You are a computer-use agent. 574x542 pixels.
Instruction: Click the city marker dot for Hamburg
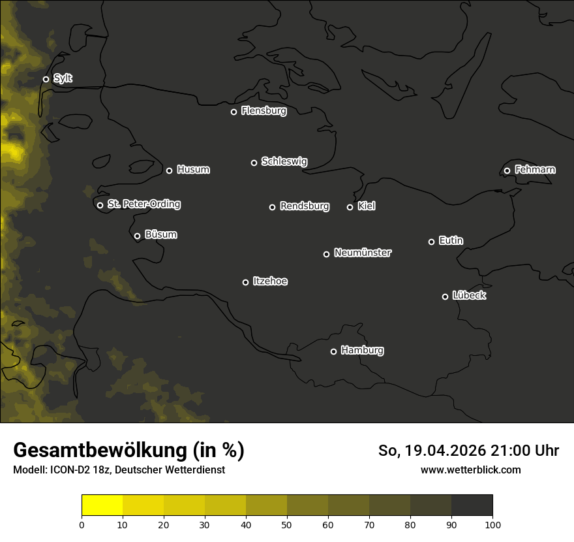click(333, 351)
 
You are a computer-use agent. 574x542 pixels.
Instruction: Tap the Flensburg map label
click(264, 111)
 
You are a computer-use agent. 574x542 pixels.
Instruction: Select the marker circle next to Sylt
click(46, 80)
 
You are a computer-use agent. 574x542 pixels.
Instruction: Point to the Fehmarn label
click(535, 170)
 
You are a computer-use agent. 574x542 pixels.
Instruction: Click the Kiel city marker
click(350, 207)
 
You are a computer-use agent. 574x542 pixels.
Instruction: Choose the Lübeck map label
click(469, 296)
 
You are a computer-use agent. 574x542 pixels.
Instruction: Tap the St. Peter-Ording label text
click(143, 204)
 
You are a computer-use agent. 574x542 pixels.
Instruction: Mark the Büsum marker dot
click(137, 236)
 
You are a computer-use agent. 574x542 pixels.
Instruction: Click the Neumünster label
click(363, 253)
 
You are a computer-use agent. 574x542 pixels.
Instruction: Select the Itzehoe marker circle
click(245, 282)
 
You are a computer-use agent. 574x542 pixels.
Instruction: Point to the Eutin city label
click(451, 241)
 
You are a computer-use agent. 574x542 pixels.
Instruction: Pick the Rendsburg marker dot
click(272, 207)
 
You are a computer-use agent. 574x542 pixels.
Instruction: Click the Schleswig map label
click(284, 161)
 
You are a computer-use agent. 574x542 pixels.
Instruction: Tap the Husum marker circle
click(169, 170)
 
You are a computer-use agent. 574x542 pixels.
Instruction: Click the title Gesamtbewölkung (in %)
click(128, 451)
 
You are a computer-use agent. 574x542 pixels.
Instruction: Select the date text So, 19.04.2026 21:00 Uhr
click(468, 451)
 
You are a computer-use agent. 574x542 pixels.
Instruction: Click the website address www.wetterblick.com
click(470, 470)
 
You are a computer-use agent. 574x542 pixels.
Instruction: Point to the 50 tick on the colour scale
click(287, 524)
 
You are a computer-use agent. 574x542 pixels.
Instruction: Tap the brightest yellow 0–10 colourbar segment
click(102, 505)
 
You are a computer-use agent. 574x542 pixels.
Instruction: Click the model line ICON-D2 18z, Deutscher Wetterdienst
click(119, 470)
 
